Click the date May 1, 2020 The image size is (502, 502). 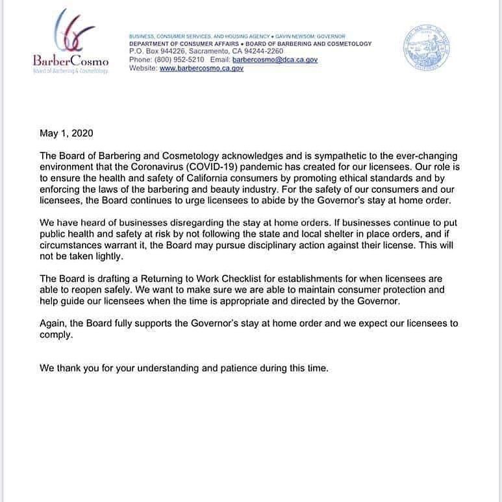(66, 134)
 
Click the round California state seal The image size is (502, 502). (426, 48)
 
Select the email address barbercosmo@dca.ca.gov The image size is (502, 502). (276, 59)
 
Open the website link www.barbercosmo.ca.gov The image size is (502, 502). (201, 68)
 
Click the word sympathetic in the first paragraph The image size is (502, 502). (333, 156)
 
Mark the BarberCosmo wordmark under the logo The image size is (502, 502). (70, 61)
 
